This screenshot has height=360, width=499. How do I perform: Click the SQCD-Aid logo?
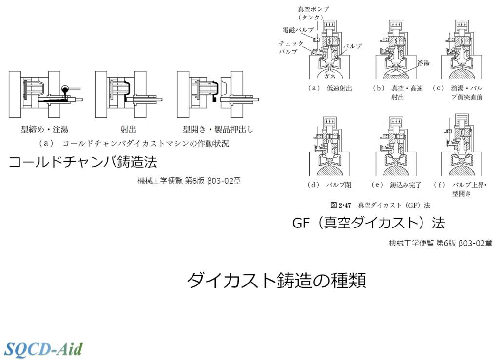(44, 348)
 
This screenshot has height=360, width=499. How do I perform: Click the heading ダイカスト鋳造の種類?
(276, 281)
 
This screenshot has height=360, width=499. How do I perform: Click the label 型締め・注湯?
(44, 130)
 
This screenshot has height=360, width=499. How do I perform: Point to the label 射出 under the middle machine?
(128, 130)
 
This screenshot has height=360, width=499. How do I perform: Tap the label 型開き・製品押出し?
(218, 130)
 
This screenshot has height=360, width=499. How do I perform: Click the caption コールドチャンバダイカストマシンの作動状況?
(134, 144)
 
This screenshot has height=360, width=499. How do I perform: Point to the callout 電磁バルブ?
(298, 30)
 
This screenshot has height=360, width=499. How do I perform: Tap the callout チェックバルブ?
(291, 47)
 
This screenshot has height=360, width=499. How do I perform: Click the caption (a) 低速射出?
(330, 88)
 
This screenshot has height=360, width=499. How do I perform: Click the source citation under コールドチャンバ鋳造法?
(189, 180)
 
